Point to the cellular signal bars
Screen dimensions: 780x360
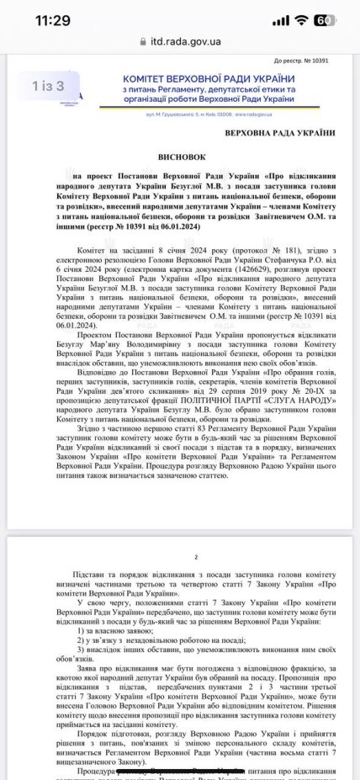(278, 19)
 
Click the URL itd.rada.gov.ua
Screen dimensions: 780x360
(187, 40)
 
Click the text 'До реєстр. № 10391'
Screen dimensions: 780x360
(307, 61)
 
